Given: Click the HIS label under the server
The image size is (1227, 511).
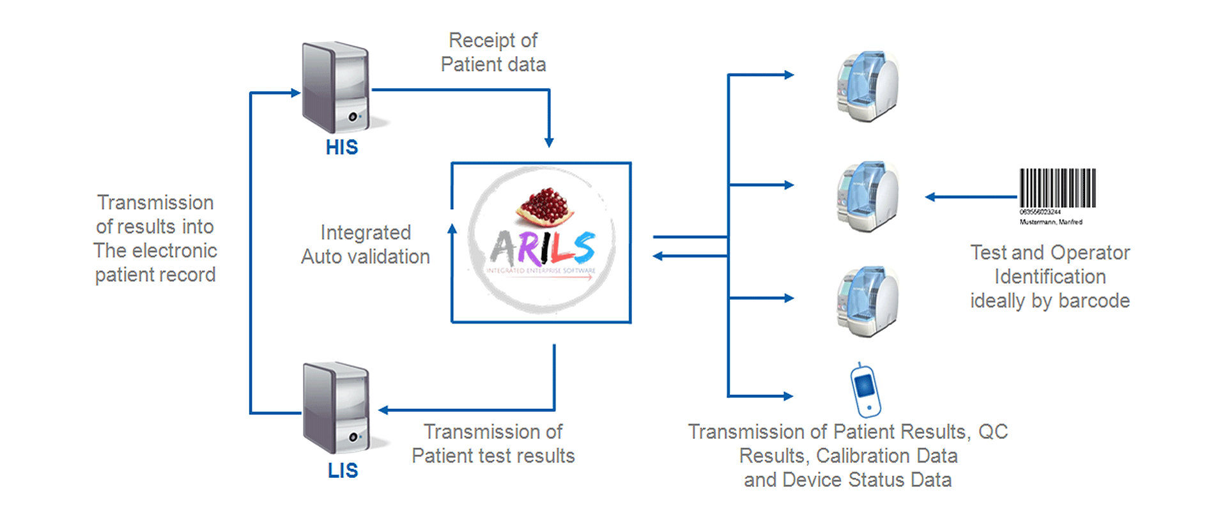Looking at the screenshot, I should (342, 148).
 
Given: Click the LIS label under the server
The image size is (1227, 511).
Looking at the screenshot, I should (343, 470).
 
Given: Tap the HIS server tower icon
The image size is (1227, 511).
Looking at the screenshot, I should (337, 87).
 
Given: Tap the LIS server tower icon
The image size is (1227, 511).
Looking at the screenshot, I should (337, 408).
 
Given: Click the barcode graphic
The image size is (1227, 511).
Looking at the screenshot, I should (1058, 188).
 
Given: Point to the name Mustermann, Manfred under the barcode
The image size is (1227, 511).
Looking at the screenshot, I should (1051, 222).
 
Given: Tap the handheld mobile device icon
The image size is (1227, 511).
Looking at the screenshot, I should (865, 390).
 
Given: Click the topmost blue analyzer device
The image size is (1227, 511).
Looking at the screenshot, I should (868, 86).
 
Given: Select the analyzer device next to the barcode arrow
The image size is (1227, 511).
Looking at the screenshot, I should (868, 197).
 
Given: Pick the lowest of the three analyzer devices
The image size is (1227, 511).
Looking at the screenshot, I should (868, 301).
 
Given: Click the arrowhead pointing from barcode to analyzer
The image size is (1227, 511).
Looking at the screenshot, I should (930, 197).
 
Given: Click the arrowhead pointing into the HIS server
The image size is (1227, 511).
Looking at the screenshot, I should (295, 93).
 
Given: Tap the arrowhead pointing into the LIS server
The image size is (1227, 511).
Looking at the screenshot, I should (383, 410).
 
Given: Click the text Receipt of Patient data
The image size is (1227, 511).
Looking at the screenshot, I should (493, 52).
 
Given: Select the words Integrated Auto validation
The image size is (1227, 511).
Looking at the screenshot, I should (366, 245).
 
